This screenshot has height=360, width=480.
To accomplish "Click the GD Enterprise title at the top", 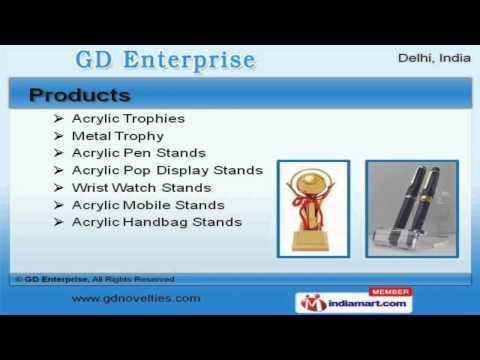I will click(x=166, y=59).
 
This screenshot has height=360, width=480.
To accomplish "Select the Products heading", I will click(x=80, y=96).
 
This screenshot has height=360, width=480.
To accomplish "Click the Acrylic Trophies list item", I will click(x=128, y=119).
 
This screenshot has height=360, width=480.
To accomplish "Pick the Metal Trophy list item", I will click(x=117, y=136).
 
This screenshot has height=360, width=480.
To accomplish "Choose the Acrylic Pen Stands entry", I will click(x=138, y=153).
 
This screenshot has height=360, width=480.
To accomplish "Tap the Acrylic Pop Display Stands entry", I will click(x=167, y=170).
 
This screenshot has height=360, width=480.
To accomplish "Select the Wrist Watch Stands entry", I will click(x=141, y=187).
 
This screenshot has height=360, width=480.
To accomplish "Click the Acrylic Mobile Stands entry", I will click(x=147, y=204).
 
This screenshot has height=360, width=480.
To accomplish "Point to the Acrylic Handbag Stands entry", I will click(x=156, y=221).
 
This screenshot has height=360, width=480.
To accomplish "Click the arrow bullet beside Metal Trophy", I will click(x=59, y=136).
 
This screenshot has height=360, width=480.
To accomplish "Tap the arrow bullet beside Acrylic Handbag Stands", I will click(x=59, y=221).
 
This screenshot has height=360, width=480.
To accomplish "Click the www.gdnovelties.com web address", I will click(x=135, y=298).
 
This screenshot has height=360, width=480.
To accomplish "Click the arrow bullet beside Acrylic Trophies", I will click(x=59, y=119).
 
